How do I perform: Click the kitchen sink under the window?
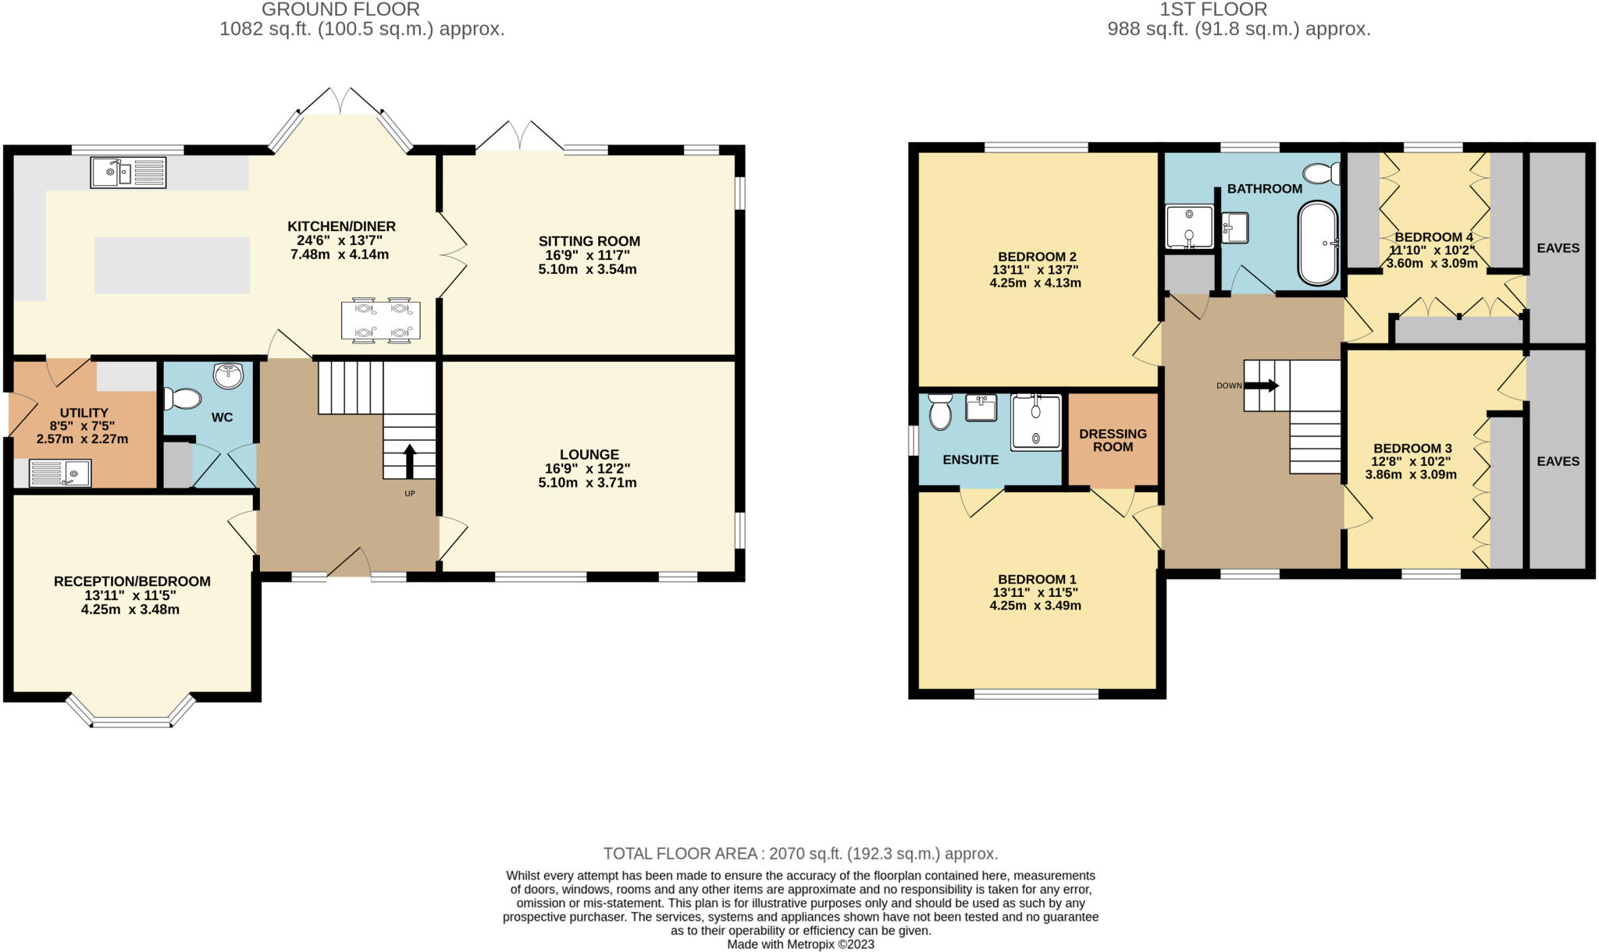pyautogui.click(x=128, y=172)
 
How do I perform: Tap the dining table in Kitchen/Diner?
pyautogui.click(x=380, y=320)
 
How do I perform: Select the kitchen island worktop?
pyautogui.click(x=172, y=265)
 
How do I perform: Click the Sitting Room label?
pyautogui.click(x=589, y=241)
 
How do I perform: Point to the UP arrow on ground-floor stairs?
pyautogui.click(x=409, y=460)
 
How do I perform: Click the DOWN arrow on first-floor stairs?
pyautogui.click(x=1262, y=385)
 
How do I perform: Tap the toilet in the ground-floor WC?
pyautogui.click(x=181, y=399)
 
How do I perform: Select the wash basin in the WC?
pyautogui.click(x=228, y=376)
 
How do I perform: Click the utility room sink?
pyautogui.click(x=60, y=473)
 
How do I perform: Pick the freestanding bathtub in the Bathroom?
pyautogui.click(x=1318, y=243)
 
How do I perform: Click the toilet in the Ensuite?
pyautogui.click(x=940, y=411)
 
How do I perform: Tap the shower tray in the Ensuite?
pyautogui.click(x=1036, y=422)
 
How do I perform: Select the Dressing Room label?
pyautogui.click(x=1113, y=440)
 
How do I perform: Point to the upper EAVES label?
pyautogui.click(x=1558, y=248)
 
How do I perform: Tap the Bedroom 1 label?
pyautogui.click(x=1036, y=579)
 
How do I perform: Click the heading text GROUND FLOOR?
pyautogui.click(x=340, y=9)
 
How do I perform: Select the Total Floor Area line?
pyautogui.click(x=800, y=854)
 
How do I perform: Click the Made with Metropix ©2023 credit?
pyautogui.click(x=800, y=944)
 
